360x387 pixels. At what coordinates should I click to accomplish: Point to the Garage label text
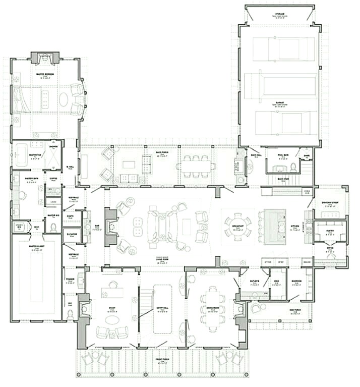click(279, 102)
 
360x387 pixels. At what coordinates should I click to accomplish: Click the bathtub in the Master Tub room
click(21, 155)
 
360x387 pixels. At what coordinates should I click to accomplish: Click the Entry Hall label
click(162, 310)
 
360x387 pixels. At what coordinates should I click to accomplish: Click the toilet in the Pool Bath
click(293, 167)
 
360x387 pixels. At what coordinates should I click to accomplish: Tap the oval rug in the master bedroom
click(64, 99)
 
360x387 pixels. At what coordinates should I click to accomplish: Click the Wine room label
click(276, 283)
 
